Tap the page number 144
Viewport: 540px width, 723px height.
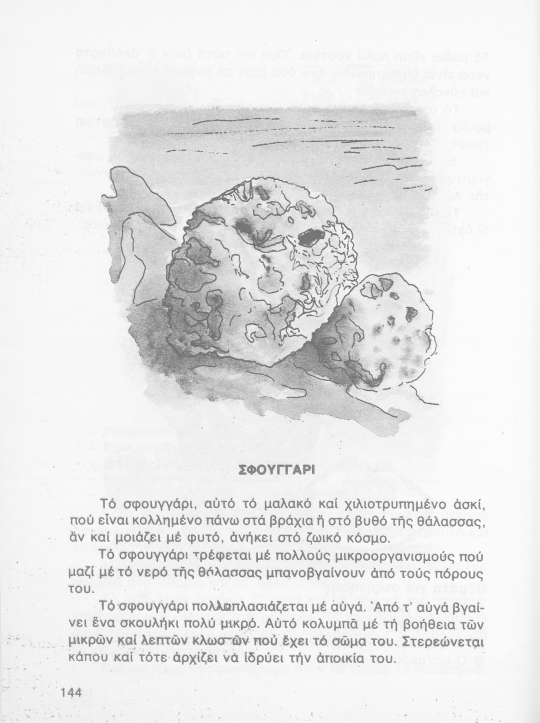point(73,693)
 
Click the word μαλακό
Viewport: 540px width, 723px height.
point(289,505)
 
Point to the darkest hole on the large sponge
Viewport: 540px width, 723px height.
point(312,237)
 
